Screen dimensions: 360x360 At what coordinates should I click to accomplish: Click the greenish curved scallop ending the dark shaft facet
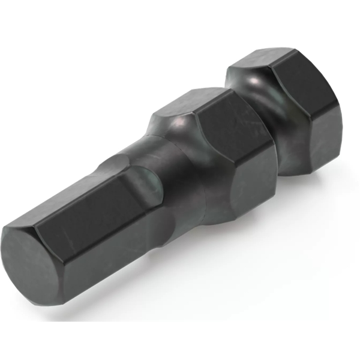153,183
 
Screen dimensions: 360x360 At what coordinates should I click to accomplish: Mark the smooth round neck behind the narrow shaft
180,180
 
